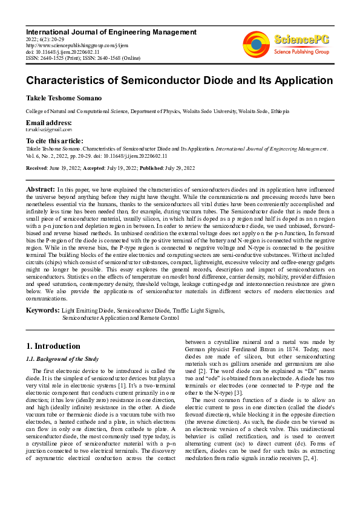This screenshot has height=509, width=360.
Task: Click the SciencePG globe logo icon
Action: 256,45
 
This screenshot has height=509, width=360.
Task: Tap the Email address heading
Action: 49,122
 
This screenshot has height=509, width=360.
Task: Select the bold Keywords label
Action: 42,310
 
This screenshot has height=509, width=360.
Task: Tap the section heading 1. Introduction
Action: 53,346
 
